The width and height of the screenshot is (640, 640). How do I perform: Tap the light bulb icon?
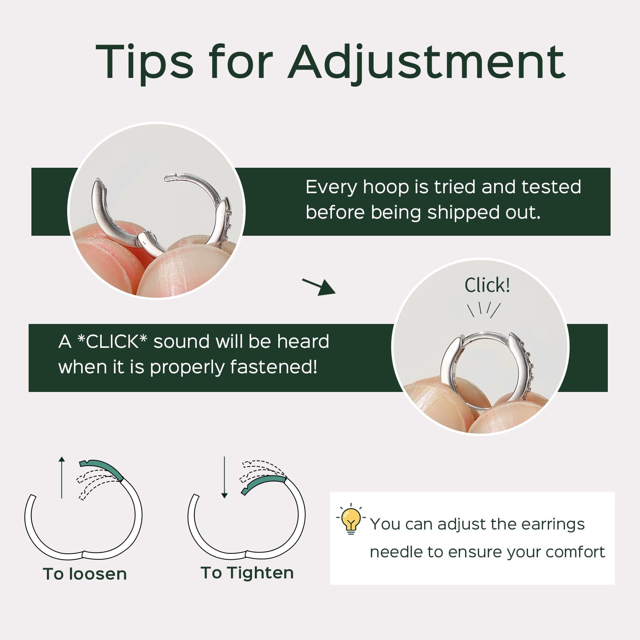[351, 519]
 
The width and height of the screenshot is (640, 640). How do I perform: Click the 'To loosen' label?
[85, 574]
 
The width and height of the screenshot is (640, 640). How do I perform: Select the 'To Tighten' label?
[247, 573]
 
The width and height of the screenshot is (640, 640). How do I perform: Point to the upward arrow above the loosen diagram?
[62, 477]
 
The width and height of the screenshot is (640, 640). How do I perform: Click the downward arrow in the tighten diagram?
[224, 477]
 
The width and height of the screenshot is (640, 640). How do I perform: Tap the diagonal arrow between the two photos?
[319, 287]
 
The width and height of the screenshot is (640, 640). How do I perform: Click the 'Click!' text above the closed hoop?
[487, 285]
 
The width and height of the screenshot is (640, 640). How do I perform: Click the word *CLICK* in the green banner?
[112, 341]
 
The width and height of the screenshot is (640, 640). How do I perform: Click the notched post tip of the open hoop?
[172, 178]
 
